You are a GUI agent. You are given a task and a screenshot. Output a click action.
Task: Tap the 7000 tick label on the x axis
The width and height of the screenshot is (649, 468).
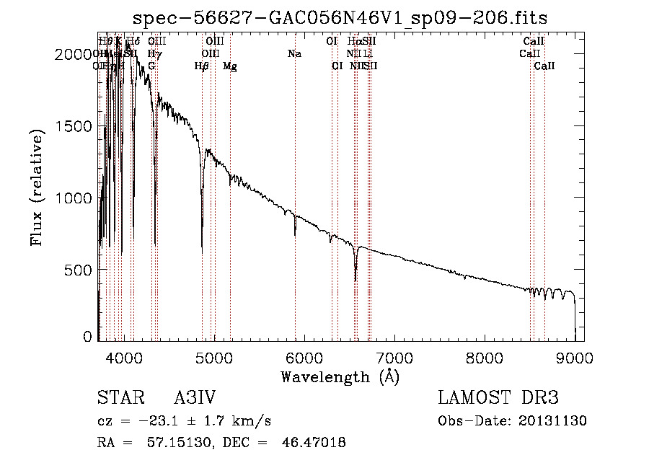[394, 356]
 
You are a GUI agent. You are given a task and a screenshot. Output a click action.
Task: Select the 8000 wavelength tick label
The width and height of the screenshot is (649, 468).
[485, 356]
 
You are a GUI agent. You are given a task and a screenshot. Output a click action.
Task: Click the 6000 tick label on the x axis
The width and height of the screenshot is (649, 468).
[304, 356]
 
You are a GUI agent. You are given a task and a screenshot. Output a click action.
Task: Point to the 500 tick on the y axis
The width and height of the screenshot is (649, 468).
[81, 270]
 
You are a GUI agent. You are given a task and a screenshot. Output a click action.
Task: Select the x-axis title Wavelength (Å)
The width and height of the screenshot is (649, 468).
[340, 376]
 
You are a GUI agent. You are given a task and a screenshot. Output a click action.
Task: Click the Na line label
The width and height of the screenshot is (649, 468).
[294, 53]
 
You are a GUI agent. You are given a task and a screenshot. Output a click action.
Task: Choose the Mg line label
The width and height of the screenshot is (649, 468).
[230, 66]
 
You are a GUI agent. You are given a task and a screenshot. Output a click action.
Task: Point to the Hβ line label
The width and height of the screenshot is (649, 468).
[202, 66]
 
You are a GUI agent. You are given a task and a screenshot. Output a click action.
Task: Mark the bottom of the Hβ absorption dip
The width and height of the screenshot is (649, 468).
[202, 245]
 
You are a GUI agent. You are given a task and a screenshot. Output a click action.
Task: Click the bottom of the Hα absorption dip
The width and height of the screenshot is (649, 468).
[356, 280]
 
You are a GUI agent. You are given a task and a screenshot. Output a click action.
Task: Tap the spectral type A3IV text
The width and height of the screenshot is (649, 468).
[195, 399]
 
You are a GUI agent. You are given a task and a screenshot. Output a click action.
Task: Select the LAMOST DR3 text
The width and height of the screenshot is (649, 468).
[498, 399]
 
